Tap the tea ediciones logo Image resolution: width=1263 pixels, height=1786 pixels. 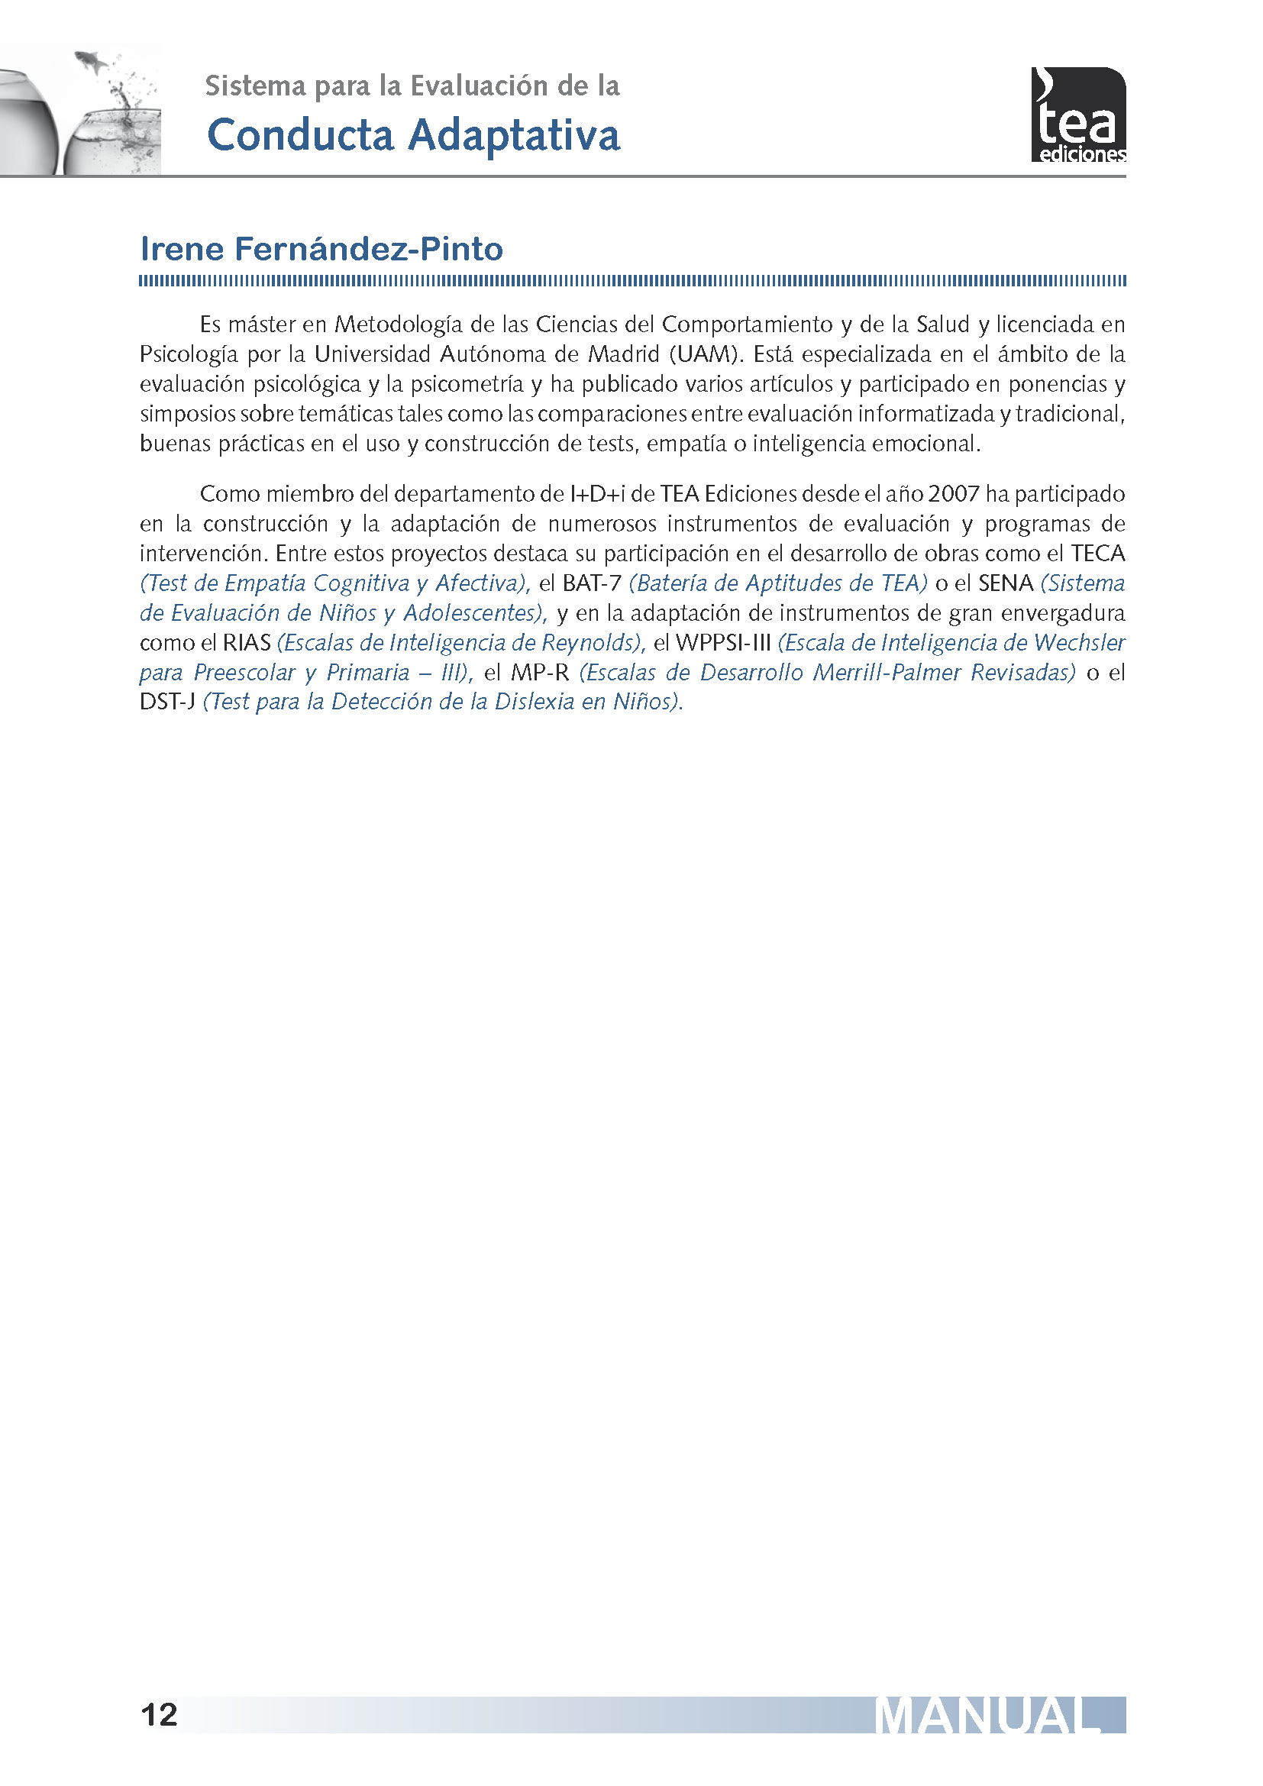pyautogui.click(x=1078, y=115)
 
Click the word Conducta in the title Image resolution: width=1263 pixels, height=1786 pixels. pyautogui.click(x=300, y=135)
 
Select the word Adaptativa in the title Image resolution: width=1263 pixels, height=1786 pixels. pyautogui.click(x=514, y=135)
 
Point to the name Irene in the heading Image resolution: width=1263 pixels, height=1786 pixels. pyautogui.click(x=182, y=250)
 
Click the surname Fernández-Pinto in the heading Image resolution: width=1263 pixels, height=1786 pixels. pyautogui.click(x=369, y=250)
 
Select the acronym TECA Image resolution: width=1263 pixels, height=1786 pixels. pyautogui.click(x=1097, y=554)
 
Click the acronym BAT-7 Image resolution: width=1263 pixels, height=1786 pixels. pyautogui.click(x=592, y=583)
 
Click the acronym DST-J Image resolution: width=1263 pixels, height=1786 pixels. pyautogui.click(x=167, y=702)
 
